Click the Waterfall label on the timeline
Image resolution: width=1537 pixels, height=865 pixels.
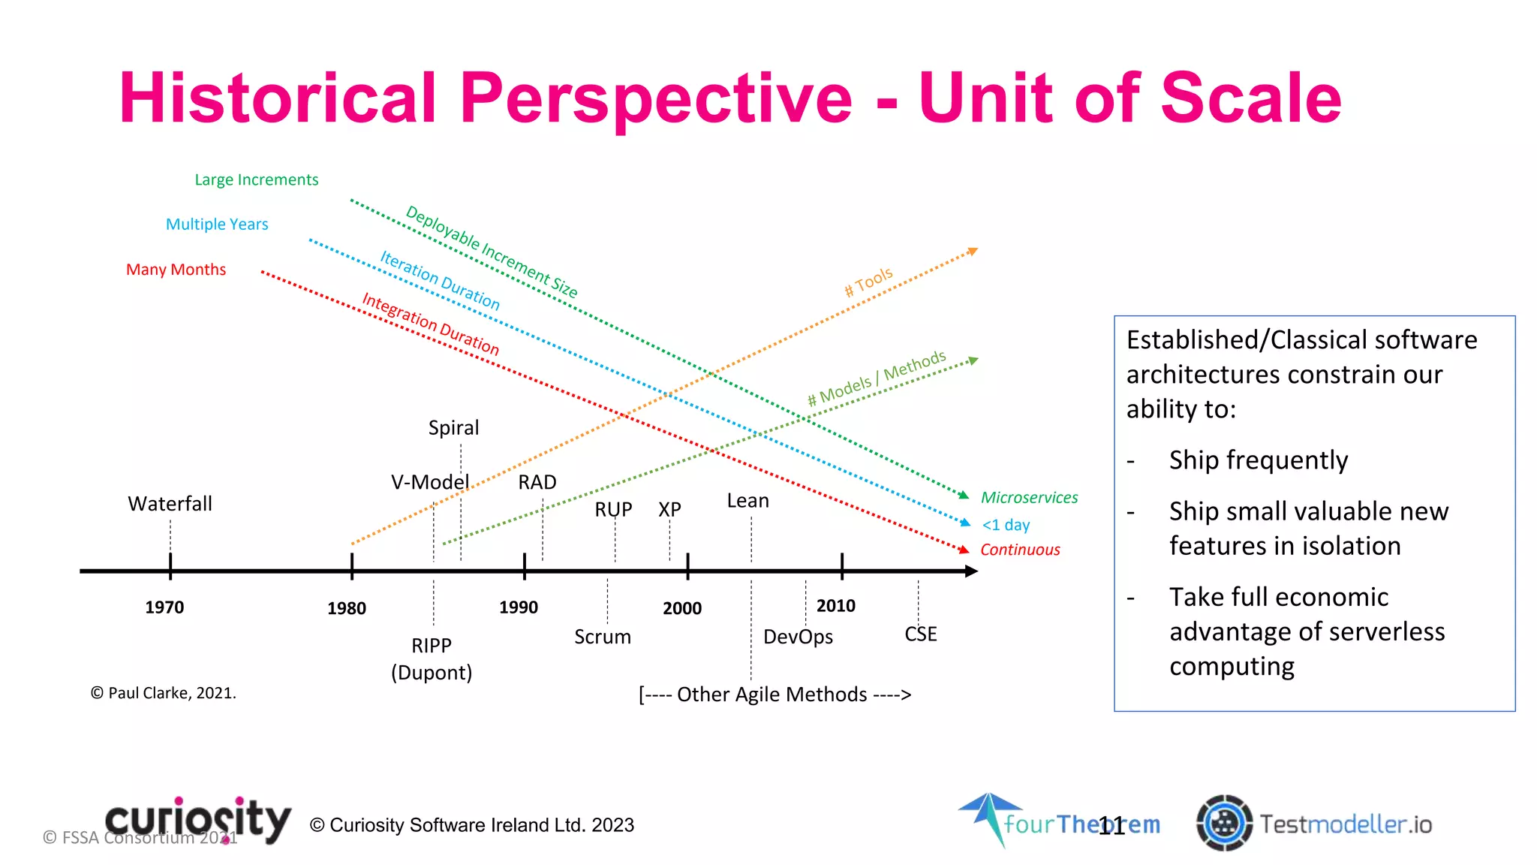[170, 504]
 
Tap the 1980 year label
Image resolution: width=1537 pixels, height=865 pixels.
[346, 608]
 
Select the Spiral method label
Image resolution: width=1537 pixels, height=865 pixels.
[453, 428]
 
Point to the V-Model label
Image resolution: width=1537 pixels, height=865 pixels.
[429, 482]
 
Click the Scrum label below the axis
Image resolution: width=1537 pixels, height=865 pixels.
[602, 637]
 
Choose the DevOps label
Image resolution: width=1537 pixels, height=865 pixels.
[798, 637]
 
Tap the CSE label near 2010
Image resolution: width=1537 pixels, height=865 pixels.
[920, 634]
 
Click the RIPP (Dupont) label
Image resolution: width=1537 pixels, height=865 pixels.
[432, 659]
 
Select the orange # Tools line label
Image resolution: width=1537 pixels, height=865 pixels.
[868, 282]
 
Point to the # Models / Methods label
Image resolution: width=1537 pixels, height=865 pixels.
[876, 378]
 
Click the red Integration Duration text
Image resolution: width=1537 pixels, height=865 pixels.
[430, 324]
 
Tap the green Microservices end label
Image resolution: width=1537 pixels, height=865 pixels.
[1029, 498]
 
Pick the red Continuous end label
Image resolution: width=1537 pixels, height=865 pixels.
[1020, 550]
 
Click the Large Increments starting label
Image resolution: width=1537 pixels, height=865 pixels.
[257, 180]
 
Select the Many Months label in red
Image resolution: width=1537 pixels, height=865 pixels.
[176, 270]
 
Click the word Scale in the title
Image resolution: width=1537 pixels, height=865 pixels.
[1251, 98]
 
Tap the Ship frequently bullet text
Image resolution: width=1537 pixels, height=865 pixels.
[1258, 460]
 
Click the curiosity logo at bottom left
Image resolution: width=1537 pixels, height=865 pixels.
[198, 820]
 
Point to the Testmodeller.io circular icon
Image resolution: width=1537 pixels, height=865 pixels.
[1224, 823]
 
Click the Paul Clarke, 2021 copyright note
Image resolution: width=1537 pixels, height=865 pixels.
[164, 693]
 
